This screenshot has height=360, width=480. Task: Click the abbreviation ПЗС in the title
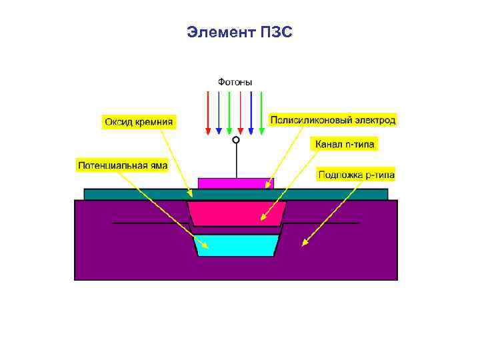277,32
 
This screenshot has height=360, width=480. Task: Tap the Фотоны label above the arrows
235,82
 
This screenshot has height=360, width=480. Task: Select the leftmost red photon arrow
208,111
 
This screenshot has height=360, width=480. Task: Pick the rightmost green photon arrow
261,111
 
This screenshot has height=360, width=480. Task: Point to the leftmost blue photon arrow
219,111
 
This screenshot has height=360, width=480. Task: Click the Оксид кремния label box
139,121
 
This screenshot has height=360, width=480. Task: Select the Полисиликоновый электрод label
333,120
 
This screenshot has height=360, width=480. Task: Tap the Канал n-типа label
345,143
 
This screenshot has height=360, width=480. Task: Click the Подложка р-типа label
357,175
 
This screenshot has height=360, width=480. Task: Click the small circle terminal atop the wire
235,141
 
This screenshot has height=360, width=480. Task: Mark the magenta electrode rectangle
231,183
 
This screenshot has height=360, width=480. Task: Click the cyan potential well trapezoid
235,245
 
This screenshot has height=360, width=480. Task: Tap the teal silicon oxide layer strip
133,194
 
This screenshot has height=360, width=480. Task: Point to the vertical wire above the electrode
235,160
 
